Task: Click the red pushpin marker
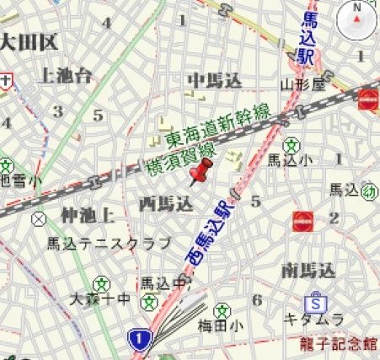click(x=201, y=172)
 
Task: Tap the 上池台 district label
click(x=65, y=76)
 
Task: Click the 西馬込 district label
click(x=166, y=203)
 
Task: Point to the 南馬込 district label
click(x=308, y=270)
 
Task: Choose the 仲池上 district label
click(x=87, y=216)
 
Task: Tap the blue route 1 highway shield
click(x=139, y=339)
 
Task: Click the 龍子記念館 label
click(x=340, y=343)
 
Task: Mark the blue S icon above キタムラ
click(x=315, y=302)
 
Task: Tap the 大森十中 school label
click(x=100, y=298)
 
